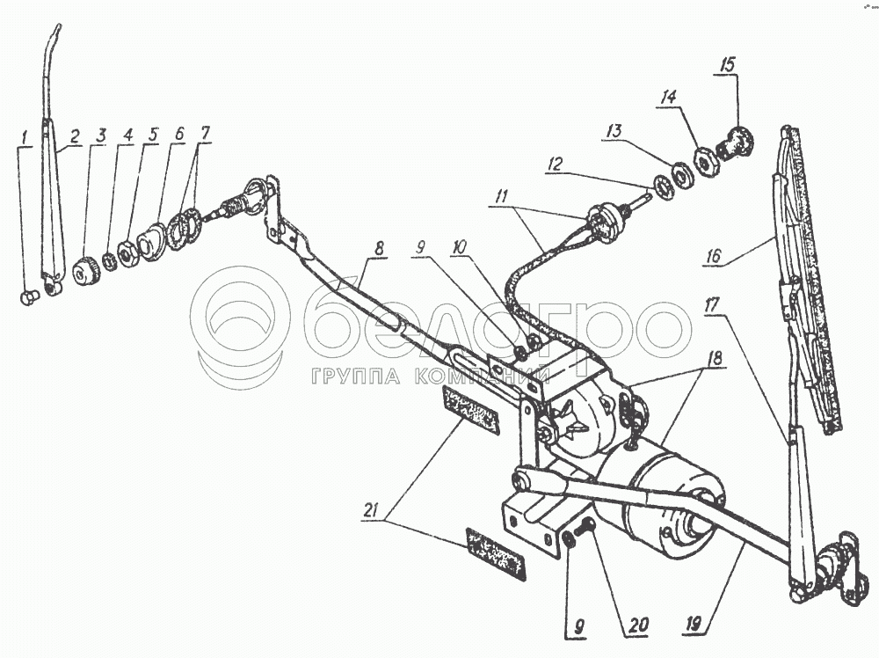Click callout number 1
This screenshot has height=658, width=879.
[x=25, y=137]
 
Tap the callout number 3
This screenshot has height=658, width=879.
[x=102, y=136]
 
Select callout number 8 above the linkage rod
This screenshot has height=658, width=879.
[x=378, y=249]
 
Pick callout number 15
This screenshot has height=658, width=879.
[x=729, y=65]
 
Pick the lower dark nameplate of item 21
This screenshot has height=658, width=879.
[x=496, y=554]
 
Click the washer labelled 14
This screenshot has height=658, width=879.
[x=704, y=162]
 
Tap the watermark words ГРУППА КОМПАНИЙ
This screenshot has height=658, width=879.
[x=431, y=377]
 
